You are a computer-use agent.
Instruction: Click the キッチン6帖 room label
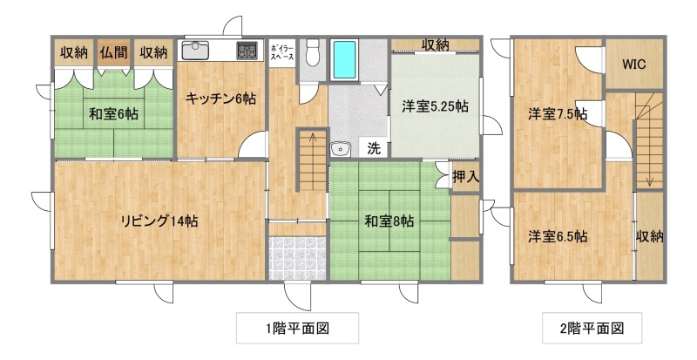pyautogui.click(x=220, y=98)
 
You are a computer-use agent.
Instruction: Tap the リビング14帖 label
pyautogui.click(x=159, y=221)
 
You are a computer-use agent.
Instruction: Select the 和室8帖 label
pyautogui.click(x=389, y=221)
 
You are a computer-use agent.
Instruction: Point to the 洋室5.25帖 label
pyautogui.click(x=435, y=106)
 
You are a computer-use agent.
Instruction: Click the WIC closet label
pyautogui.click(x=634, y=65)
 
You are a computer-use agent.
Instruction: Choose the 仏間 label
pyautogui.click(x=114, y=52)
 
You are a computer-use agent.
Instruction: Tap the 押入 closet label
pyautogui.click(x=465, y=177)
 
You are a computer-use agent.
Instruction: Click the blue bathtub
pyautogui.click(x=345, y=59)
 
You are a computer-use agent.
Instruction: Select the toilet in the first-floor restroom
pyautogui.click(x=313, y=52)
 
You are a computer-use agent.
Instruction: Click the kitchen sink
pyautogui.click(x=194, y=51)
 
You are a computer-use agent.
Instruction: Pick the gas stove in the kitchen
pyautogui.click(x=247, y=51)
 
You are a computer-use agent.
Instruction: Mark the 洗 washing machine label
pyautogui.click(x=374, y=149)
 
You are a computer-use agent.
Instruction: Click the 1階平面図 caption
pyautogui.click(x=297, y=329)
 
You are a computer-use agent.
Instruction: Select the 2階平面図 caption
pyautogui.click(x=592, y=329)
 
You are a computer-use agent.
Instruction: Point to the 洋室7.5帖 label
pyautogui.click(x=558, y=114)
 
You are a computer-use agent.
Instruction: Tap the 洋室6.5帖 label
pyautogui.click(x=558, y=236)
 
